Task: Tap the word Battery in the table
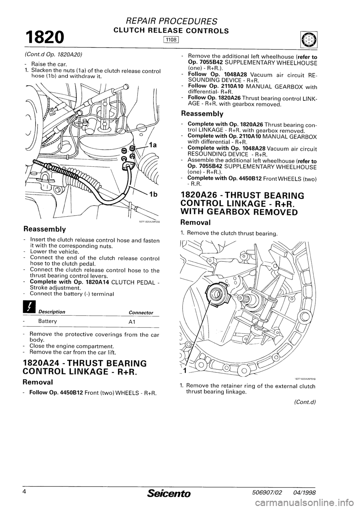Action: pos(48,321)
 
